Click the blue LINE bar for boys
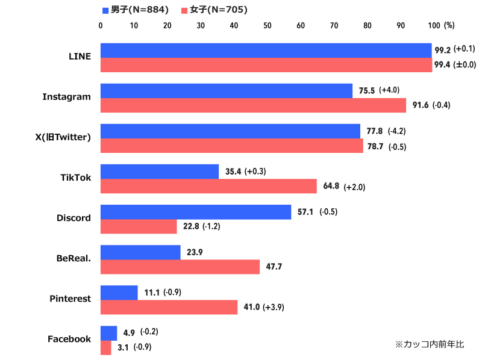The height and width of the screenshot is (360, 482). pos(266,51)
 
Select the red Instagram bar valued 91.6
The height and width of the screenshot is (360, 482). pos(253,105)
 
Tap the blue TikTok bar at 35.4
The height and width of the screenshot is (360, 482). pos(159,172)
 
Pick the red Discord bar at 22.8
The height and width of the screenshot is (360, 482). pos(139,226)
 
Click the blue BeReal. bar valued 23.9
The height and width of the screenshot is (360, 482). pos(140,252)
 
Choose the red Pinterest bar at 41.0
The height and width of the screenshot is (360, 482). pos(169,307)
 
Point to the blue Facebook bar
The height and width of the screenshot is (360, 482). pos(108,333)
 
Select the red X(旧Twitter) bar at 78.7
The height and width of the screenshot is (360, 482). pos(231,146)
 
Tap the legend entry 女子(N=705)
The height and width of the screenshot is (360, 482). pos(218,10)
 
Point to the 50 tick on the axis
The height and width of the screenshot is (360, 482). pos(268,25)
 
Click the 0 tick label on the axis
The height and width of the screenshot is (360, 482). pos(101,25)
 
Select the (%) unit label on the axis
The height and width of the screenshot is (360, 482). pos(449,25)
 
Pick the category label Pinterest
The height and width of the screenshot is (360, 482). pos(70,299)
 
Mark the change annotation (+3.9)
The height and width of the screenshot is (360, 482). pos(273,307)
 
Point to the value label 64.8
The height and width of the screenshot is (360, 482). pos(331,186)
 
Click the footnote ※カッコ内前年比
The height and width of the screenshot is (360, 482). pos(429,344)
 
